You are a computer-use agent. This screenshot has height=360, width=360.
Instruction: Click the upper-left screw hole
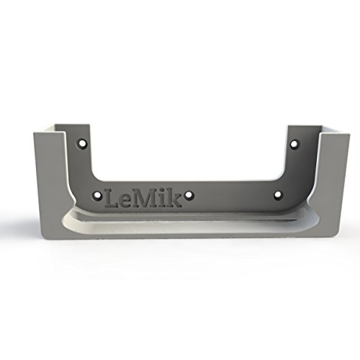82,143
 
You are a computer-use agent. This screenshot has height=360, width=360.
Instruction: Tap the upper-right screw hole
294,144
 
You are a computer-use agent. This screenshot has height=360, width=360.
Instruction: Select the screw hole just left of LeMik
97,195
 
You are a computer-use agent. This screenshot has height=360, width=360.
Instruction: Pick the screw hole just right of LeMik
189,195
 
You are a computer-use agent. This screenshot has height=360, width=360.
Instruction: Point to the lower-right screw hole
278,194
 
